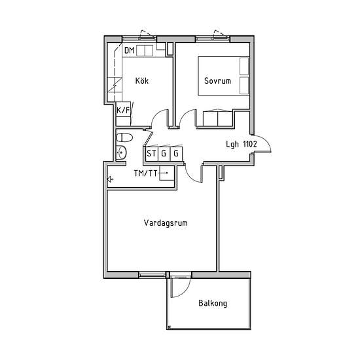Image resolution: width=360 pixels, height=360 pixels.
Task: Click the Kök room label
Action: (141, 81)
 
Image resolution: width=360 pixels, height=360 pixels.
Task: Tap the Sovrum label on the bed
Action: (217, 81)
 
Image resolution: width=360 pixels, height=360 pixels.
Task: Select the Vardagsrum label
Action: (166, 223)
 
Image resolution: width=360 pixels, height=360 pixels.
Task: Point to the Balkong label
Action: (213, 303)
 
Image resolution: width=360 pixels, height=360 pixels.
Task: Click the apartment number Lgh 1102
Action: (242, 144)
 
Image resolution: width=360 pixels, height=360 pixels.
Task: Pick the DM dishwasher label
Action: (129, 50)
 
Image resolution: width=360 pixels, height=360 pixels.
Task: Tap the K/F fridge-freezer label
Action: (123, 111)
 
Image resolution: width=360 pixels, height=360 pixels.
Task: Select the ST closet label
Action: (151, 153)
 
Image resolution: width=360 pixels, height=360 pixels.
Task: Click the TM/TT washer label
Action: (145, 173)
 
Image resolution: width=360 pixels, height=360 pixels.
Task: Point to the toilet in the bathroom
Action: (124, 137)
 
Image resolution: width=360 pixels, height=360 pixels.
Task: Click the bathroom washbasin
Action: (121, 153)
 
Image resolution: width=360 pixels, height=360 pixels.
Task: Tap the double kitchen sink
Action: (145, 51)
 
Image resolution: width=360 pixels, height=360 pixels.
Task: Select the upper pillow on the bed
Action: (244, 66)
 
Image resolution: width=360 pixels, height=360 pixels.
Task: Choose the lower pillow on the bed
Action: (244, 85)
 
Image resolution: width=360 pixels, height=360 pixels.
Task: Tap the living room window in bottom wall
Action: (152, 275)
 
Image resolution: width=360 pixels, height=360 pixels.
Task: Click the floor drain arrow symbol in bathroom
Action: (110, 179)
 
